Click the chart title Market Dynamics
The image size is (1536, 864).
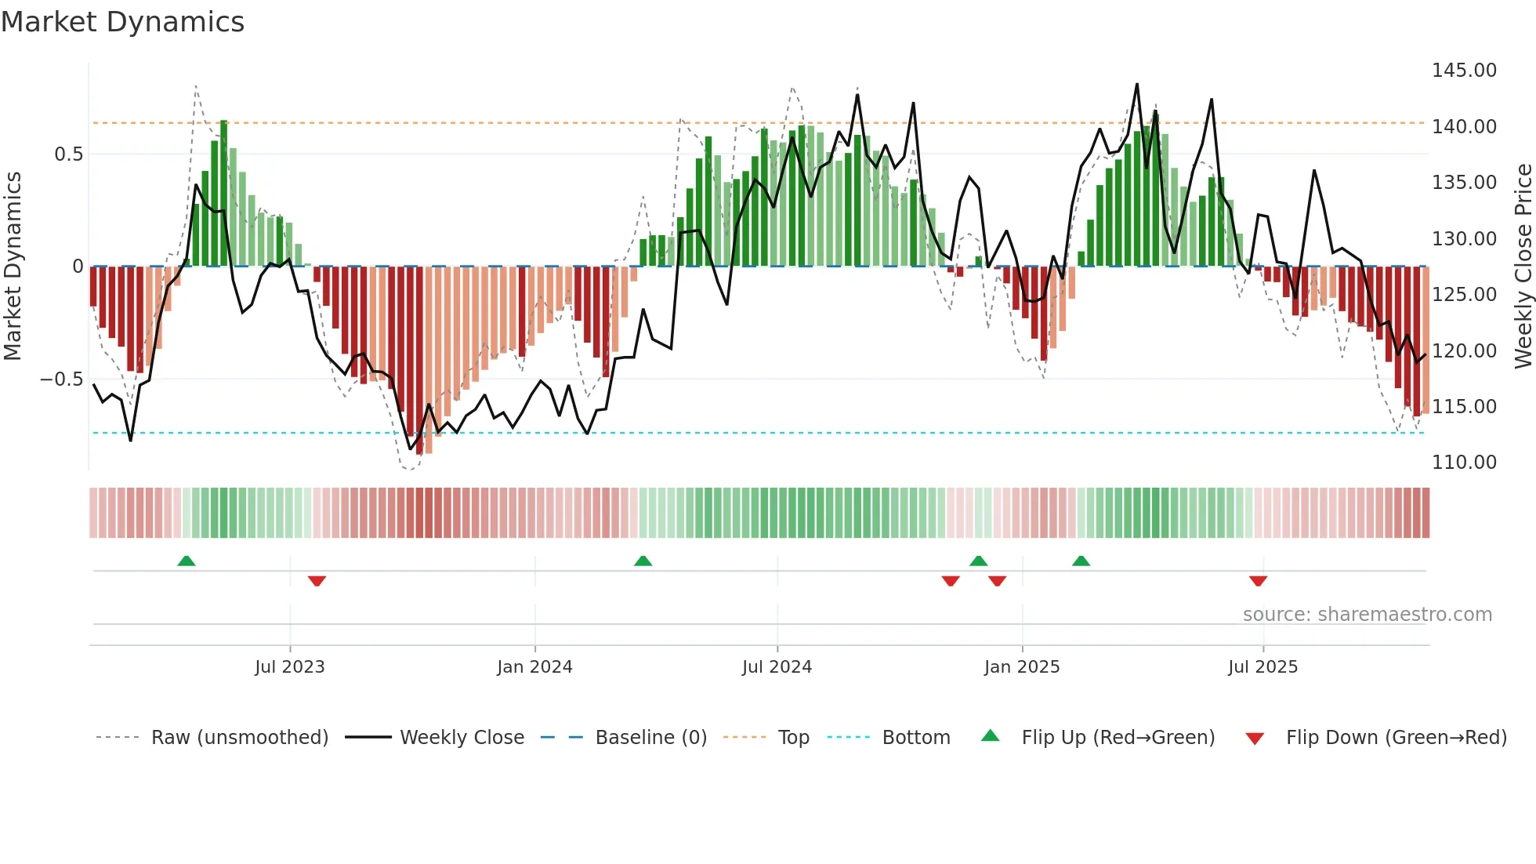click(122, 22)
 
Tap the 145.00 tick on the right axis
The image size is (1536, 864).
click(1463, 71)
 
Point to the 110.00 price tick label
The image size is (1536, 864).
click(1463, 463)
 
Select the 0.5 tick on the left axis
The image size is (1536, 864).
click(68, 154)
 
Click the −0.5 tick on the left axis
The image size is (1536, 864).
click(61, 379)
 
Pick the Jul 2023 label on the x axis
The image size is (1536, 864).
click(289, 667)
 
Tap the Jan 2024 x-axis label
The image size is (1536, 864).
click(534, 667)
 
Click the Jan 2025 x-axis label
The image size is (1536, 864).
click(1021, 667)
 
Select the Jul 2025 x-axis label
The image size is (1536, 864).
click(1262, 667)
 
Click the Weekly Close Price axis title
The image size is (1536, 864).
click(1523, 267)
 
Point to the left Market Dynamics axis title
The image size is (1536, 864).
click(13, 267)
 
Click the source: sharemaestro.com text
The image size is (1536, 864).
click(1367, 615)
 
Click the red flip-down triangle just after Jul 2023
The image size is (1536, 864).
click(317, 581)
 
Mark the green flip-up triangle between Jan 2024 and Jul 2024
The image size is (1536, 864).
click(643, 561)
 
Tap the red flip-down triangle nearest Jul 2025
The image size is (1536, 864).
click(1258, 581)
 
